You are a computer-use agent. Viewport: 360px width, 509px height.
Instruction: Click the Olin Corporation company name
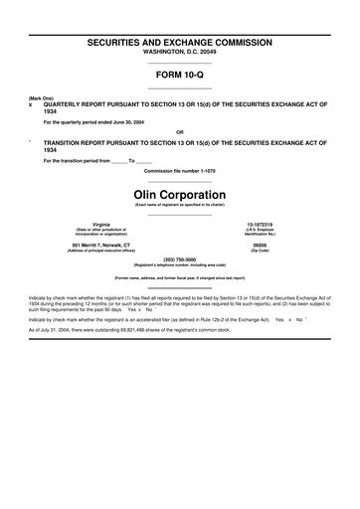point(179,192)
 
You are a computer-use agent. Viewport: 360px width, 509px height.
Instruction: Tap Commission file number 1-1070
point(179,171)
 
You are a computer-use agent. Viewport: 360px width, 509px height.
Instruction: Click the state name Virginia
point(100,224)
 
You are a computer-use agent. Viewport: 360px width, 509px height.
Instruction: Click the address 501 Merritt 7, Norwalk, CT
point(100,244)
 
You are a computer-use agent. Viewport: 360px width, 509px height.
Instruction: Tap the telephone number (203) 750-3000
point(179,258)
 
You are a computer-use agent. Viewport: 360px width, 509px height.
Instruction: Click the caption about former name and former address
point(179,278)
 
